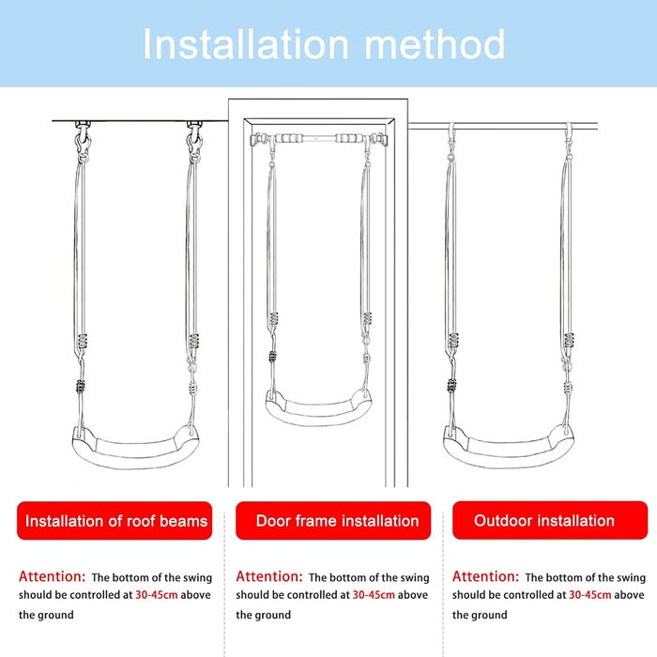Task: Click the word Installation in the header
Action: click(246, 44)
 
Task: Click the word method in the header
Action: click(435, 44)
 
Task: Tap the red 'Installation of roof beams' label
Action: click(115, 520)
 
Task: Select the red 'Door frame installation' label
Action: click(333, 520)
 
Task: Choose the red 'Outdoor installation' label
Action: click(550, 520)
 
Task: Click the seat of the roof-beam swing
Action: click(135, 449)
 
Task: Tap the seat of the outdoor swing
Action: click(509, 449)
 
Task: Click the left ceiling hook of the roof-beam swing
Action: click(83, 138)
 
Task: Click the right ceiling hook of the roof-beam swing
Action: click(194, 138)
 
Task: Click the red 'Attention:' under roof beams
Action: click(52, 576)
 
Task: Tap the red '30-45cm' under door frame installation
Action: click(374, 595)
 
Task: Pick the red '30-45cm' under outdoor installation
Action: click(590, 595)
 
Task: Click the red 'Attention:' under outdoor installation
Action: click(485, 576)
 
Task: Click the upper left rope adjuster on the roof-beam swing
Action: click(83, 342)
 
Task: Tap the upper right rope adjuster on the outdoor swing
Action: click(569, 341)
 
